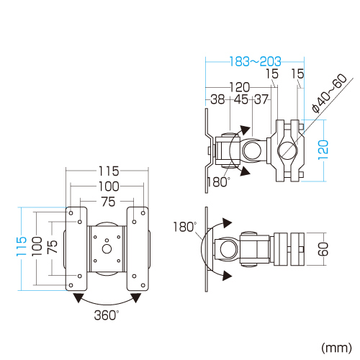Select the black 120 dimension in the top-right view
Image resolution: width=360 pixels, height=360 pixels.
pyautogui.click(x=240, y=86)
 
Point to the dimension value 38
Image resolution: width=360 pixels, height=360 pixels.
pyautogui.click(x=217, y=99)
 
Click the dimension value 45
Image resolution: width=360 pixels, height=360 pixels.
pyautogui.click(x=240, y=99)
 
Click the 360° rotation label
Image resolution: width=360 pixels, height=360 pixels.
pyautogui.click(x=107, y=315)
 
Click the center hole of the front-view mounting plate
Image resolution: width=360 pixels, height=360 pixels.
pyautogui.click(x=107, y=249)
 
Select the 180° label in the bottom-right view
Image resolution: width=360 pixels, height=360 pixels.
pyautogui.click(x=184, y=227)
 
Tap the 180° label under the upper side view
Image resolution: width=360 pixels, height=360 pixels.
pyautogui.click(x=217, y=182)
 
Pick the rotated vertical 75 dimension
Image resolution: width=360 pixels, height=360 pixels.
pyautogui.click(x=53, y=248)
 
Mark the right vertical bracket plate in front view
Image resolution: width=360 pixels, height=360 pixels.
pyautogui.click(x=138, y=248)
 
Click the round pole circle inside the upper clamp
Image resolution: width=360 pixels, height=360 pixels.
pyautogui.click(x=287, y=151)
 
